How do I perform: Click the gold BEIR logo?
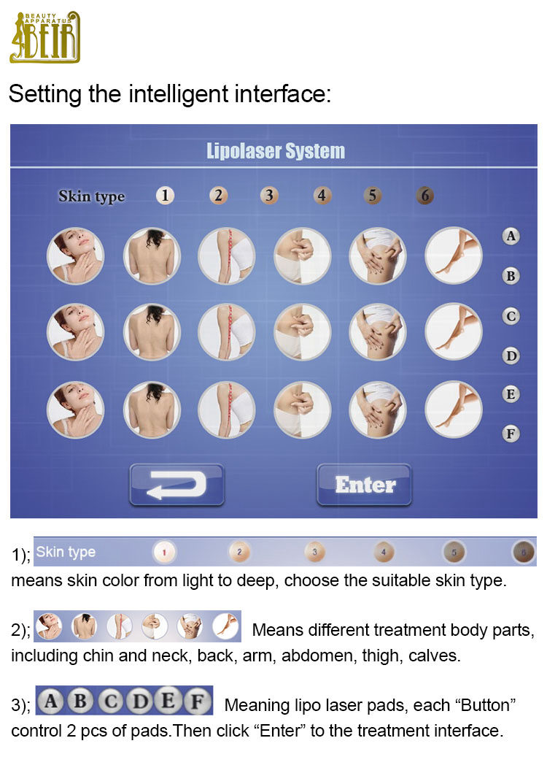(x=45, y=37)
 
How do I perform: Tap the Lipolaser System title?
(x=276, y=151)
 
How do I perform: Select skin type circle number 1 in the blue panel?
(x=165, y=195)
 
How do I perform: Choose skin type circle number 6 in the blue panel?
(x=424, y=195)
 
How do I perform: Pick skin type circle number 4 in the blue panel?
(x=322, y=195)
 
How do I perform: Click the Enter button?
(x=364, y=485)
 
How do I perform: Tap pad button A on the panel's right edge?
(x=511, y=236)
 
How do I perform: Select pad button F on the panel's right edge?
(x=511, y=434)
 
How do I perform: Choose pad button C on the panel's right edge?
(x=511, y=316)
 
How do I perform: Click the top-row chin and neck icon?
(x=75, y=256)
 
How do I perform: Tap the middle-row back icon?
(x=152, y=331)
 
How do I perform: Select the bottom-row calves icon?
(x=454, y=410)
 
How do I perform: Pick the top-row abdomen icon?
(x=302, y=256)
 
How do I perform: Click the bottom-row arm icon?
(x=227, y=410)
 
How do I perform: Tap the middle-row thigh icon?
(x=378, y=331)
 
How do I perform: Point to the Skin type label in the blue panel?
(x=91, y=196)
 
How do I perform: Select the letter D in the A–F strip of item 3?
(x=139, y=702)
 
